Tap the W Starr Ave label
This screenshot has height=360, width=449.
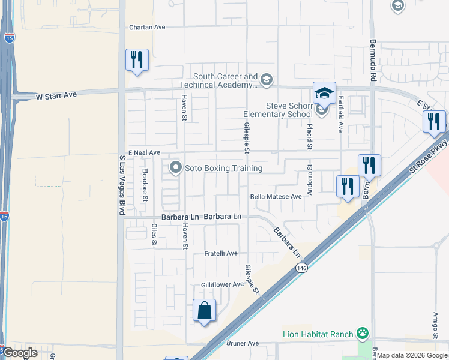[x=57, y=95]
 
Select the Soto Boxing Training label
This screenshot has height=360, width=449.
[x=223, y=168]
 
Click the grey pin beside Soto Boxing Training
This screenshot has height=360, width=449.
[x=176, y=167]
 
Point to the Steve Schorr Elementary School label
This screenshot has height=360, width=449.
[x=278, y=110]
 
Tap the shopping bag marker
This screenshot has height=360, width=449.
[x=205, y=310]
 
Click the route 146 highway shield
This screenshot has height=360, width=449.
[x=301, y=271]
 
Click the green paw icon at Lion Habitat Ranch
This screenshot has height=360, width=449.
[x=362, y=333]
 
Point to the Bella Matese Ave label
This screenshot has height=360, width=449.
[x=276, y=197]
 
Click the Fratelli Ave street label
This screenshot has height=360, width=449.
[x=220, y=254]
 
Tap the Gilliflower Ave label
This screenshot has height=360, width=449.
[x=222, y=284]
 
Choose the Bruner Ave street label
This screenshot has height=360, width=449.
[x=242, y=343]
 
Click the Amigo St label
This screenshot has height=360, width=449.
[x=436, y=324]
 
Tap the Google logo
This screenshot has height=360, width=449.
[x=20, y=353]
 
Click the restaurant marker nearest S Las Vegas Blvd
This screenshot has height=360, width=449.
[x=137, y=60]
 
